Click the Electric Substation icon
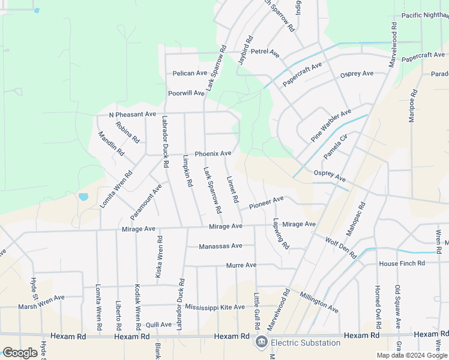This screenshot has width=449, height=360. pyautogui.click(x=261, y=343)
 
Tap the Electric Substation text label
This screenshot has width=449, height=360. pyautogui.click(x=305, y=343)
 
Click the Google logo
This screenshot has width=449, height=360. pyautogui.click(x=20, y=353)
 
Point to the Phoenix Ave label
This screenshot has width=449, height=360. pyautogui.click(x=212, y=154)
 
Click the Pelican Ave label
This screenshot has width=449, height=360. pyautogui.click(x=190, y=73)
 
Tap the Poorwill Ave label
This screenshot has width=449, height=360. pyautogui.click(x=186, y=93)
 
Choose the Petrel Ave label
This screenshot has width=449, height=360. pyautogui.click(x=265, y=53)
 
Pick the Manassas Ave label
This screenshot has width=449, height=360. pyautogui.click(x=220, y=246)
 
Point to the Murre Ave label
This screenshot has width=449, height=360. pyautogui.click(x=241, y=265)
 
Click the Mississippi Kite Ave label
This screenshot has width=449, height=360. pyautogui.click(x=215, y=307)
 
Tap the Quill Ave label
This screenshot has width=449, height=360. pyautogui.click(x=158, y=325)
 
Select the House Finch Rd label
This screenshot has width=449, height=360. pyautogui.click(x=402, y=263)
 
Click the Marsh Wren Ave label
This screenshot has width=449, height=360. pyautogui.click(x=41, y=298)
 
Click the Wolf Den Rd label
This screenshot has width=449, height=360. pyautogui.click(x=340, y=247)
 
